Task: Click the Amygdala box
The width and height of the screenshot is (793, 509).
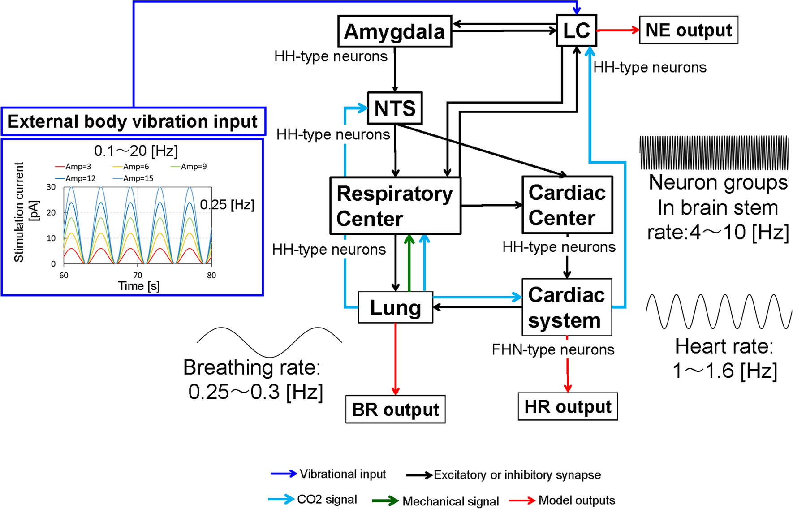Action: point(394,31)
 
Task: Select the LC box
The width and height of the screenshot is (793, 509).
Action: point(576,30)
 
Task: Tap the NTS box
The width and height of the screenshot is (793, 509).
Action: point(395,108)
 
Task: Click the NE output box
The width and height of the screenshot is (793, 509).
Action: point(688,30)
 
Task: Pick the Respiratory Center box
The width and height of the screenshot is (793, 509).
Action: point(395,206)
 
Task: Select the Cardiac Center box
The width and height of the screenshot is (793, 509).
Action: point(567,205)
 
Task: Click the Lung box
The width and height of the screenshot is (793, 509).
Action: point(395,307)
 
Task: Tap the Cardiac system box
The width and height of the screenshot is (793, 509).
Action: point(566,307)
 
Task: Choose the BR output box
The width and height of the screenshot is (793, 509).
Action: point(395,409)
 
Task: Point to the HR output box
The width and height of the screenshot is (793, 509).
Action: point(567,406)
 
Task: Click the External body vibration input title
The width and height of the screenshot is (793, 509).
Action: point(133,121)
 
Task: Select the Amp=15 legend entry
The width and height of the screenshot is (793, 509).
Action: point(133,178)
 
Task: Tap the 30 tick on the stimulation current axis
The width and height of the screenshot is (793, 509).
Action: point(52,187)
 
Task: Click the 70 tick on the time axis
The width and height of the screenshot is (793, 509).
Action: point(138,275)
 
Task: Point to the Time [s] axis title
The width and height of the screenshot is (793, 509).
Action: point(138,286)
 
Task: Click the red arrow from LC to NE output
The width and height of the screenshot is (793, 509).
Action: point(617,30)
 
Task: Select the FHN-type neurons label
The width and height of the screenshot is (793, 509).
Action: point(553,349)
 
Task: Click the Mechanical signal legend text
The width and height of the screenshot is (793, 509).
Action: point(450,501)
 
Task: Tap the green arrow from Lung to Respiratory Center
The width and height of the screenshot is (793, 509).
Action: point(409,264)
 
